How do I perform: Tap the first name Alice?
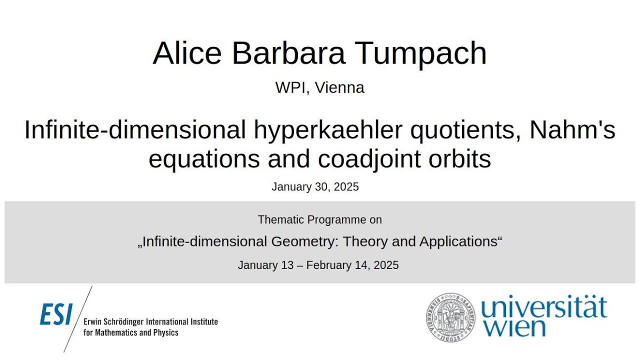tap(187, 53)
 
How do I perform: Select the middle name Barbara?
tap(288, 53)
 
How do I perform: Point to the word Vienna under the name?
tap(339, 87)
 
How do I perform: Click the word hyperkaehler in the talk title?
tap(328, 130)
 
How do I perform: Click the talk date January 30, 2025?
tap(315, 187)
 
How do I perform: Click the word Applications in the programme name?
tap(459, 241)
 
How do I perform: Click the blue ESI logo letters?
tap(56, 314)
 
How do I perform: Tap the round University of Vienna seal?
tap(451, 317)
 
